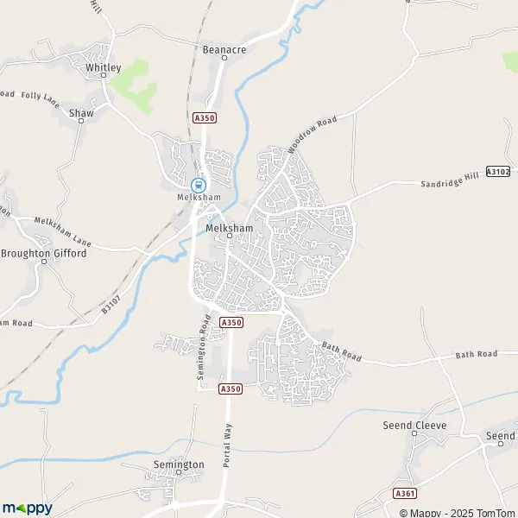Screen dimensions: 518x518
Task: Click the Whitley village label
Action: pyautogui.click(x=102, y=66)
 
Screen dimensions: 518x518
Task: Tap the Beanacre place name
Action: pyautogui.click(x=224, y=50)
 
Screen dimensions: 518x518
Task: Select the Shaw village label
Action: pyautogui.click(x=81, y=112)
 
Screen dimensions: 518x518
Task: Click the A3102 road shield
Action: pyautogui.click(x=498, y=172)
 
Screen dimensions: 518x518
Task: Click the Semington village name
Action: pyautogui.click(x=178, y=464)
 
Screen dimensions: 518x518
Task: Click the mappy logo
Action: pyautogui.click(x=27, y=508)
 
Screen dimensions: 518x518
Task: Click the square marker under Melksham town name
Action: pyautogui.click(x=230, y=236)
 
